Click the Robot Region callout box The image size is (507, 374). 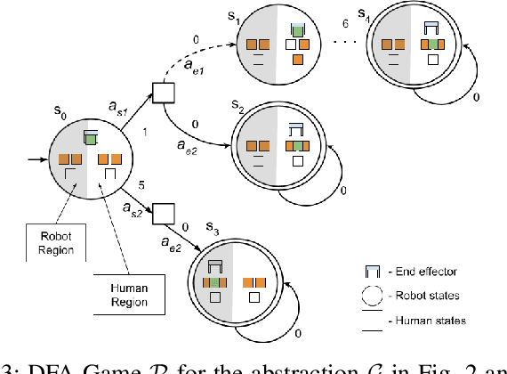(51, 240)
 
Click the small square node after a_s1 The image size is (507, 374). (163, 92)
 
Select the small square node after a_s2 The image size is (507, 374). (161, 215)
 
